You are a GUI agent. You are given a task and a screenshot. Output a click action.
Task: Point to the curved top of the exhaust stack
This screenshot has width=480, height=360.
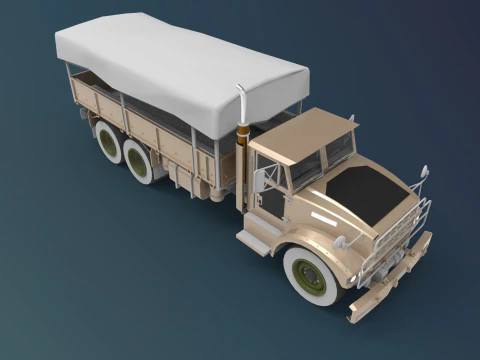tap(242, 92)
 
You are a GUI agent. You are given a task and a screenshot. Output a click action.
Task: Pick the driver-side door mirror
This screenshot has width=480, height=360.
tap(262, 181)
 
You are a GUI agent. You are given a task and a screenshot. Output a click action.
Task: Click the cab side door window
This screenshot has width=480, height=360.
tap(273, 196)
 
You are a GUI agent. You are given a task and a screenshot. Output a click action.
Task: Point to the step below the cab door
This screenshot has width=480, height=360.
tap(252, 241)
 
